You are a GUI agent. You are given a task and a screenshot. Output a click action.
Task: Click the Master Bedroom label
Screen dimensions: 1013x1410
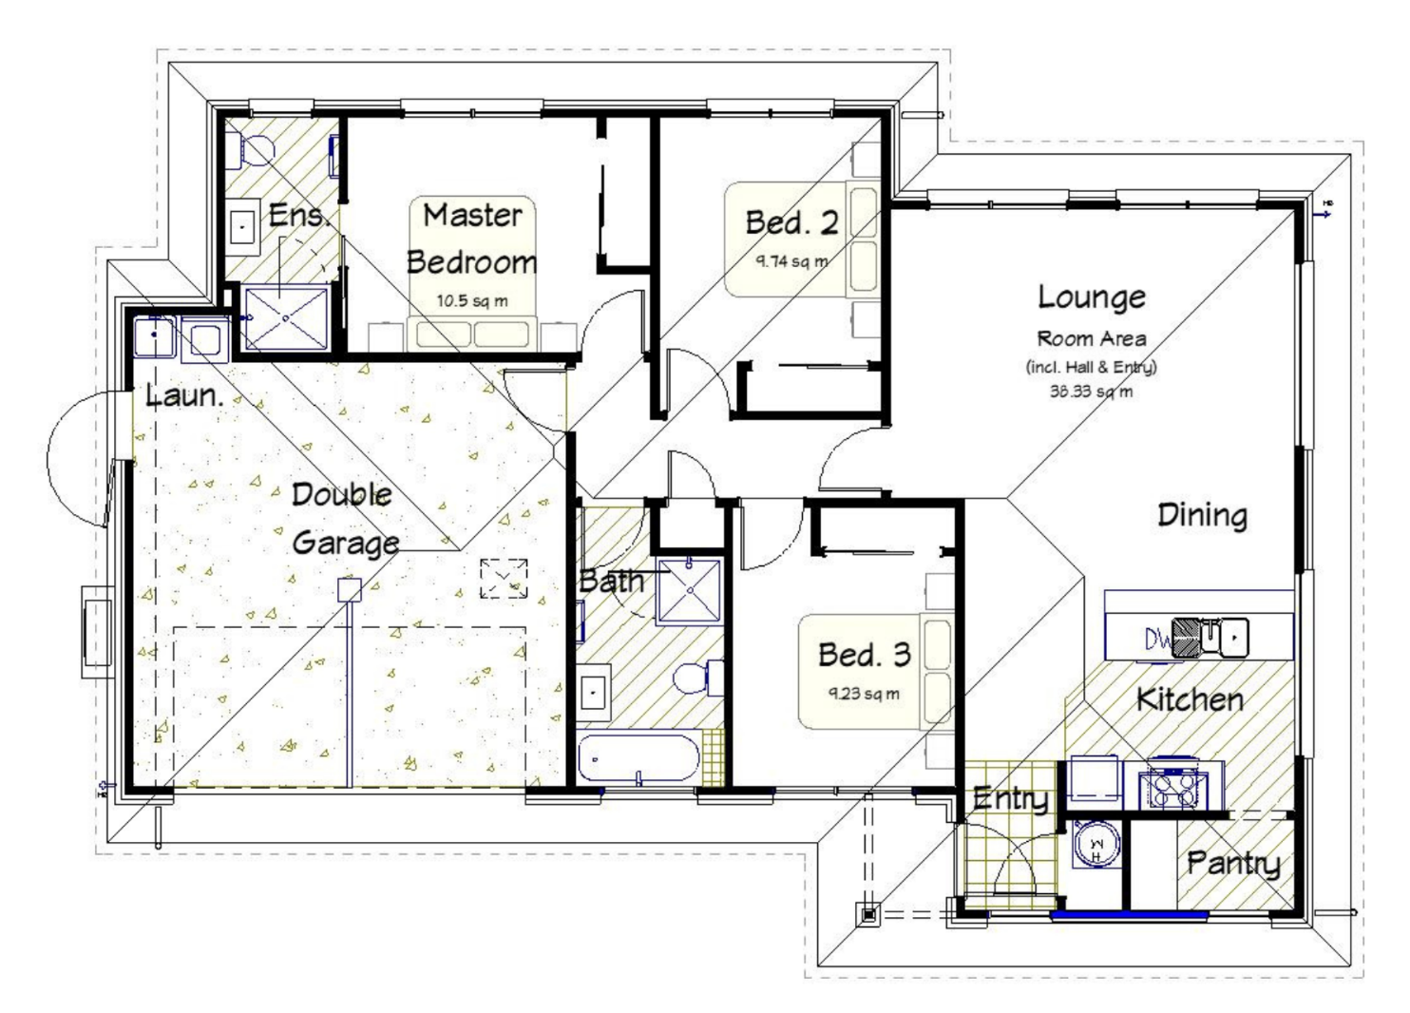point(472,239)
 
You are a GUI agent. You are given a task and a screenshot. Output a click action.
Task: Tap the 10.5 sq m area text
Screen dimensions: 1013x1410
point(472,301)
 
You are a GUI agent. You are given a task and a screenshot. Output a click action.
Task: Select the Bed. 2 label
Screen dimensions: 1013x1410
point(791,222)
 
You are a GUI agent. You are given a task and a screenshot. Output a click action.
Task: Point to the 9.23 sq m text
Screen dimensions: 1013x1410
point(864,694)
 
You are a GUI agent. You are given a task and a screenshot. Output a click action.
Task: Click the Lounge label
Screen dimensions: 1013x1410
point(1091,297)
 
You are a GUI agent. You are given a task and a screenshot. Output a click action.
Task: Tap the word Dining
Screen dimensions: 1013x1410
point(1202,516)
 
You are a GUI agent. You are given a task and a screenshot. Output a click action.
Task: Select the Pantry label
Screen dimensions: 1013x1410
point(1233,864)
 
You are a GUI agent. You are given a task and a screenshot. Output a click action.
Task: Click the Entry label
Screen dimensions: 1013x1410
point(1010,798)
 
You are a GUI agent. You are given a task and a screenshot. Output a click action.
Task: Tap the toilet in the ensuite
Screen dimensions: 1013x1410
point(255,148)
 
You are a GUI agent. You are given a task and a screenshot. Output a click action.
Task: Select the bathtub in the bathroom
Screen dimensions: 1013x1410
point(638,758)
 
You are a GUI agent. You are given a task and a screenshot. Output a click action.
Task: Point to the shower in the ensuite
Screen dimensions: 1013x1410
point(285,316)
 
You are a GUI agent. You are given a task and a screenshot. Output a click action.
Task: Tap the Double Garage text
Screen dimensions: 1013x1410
point(343,519)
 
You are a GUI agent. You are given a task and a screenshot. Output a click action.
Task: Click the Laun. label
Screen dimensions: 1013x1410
point(184,395)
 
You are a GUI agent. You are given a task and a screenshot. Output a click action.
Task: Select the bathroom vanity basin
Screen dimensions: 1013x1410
point(595,692)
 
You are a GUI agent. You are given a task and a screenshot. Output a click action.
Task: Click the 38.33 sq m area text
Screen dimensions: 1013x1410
point(1091,391)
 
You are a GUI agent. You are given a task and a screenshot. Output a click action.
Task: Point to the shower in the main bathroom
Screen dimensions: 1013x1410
point(690,590)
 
